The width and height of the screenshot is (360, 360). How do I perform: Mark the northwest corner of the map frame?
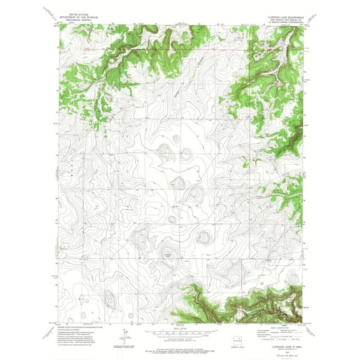(60, 24)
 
